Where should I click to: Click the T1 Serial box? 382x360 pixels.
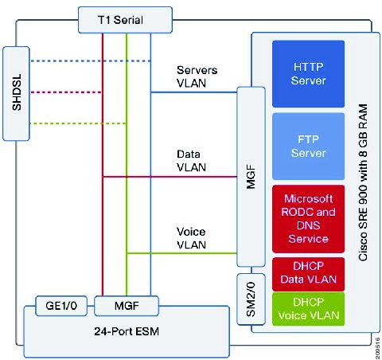pos(125,20)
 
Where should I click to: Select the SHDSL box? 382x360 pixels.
pos(16,93)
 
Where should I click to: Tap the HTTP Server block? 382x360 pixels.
pos(308,74)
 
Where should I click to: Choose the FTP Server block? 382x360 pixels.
pos(308,147)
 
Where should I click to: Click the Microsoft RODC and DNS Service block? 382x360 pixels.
pos(308,219)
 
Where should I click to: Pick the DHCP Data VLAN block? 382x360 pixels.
pos(308,274)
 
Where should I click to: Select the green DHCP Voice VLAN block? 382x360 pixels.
pos(308,309)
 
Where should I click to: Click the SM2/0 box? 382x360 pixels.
pos(251,299)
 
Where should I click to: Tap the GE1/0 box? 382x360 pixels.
pos(61,306)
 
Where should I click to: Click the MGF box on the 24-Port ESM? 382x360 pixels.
pos(127,306)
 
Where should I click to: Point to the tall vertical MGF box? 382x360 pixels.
pos(251,177)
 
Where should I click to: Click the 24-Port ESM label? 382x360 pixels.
pos(127,331)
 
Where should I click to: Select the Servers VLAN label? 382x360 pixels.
pos(197,76)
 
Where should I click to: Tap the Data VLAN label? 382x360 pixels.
pos(191,161)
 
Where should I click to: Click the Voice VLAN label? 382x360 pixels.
pos(191,238)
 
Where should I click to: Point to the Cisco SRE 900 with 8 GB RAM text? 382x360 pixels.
pos(363,182)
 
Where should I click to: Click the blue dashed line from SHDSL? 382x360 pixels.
pos(91,61)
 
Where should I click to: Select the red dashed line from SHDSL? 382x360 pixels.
pos(66,92)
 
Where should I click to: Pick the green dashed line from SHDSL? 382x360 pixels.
pos(78,123)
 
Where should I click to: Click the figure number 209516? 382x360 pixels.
pos(378,348)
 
